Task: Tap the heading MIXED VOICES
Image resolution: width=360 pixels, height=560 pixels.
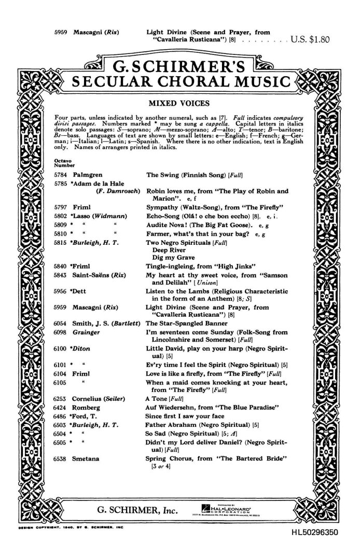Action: click(x=179, y=103)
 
